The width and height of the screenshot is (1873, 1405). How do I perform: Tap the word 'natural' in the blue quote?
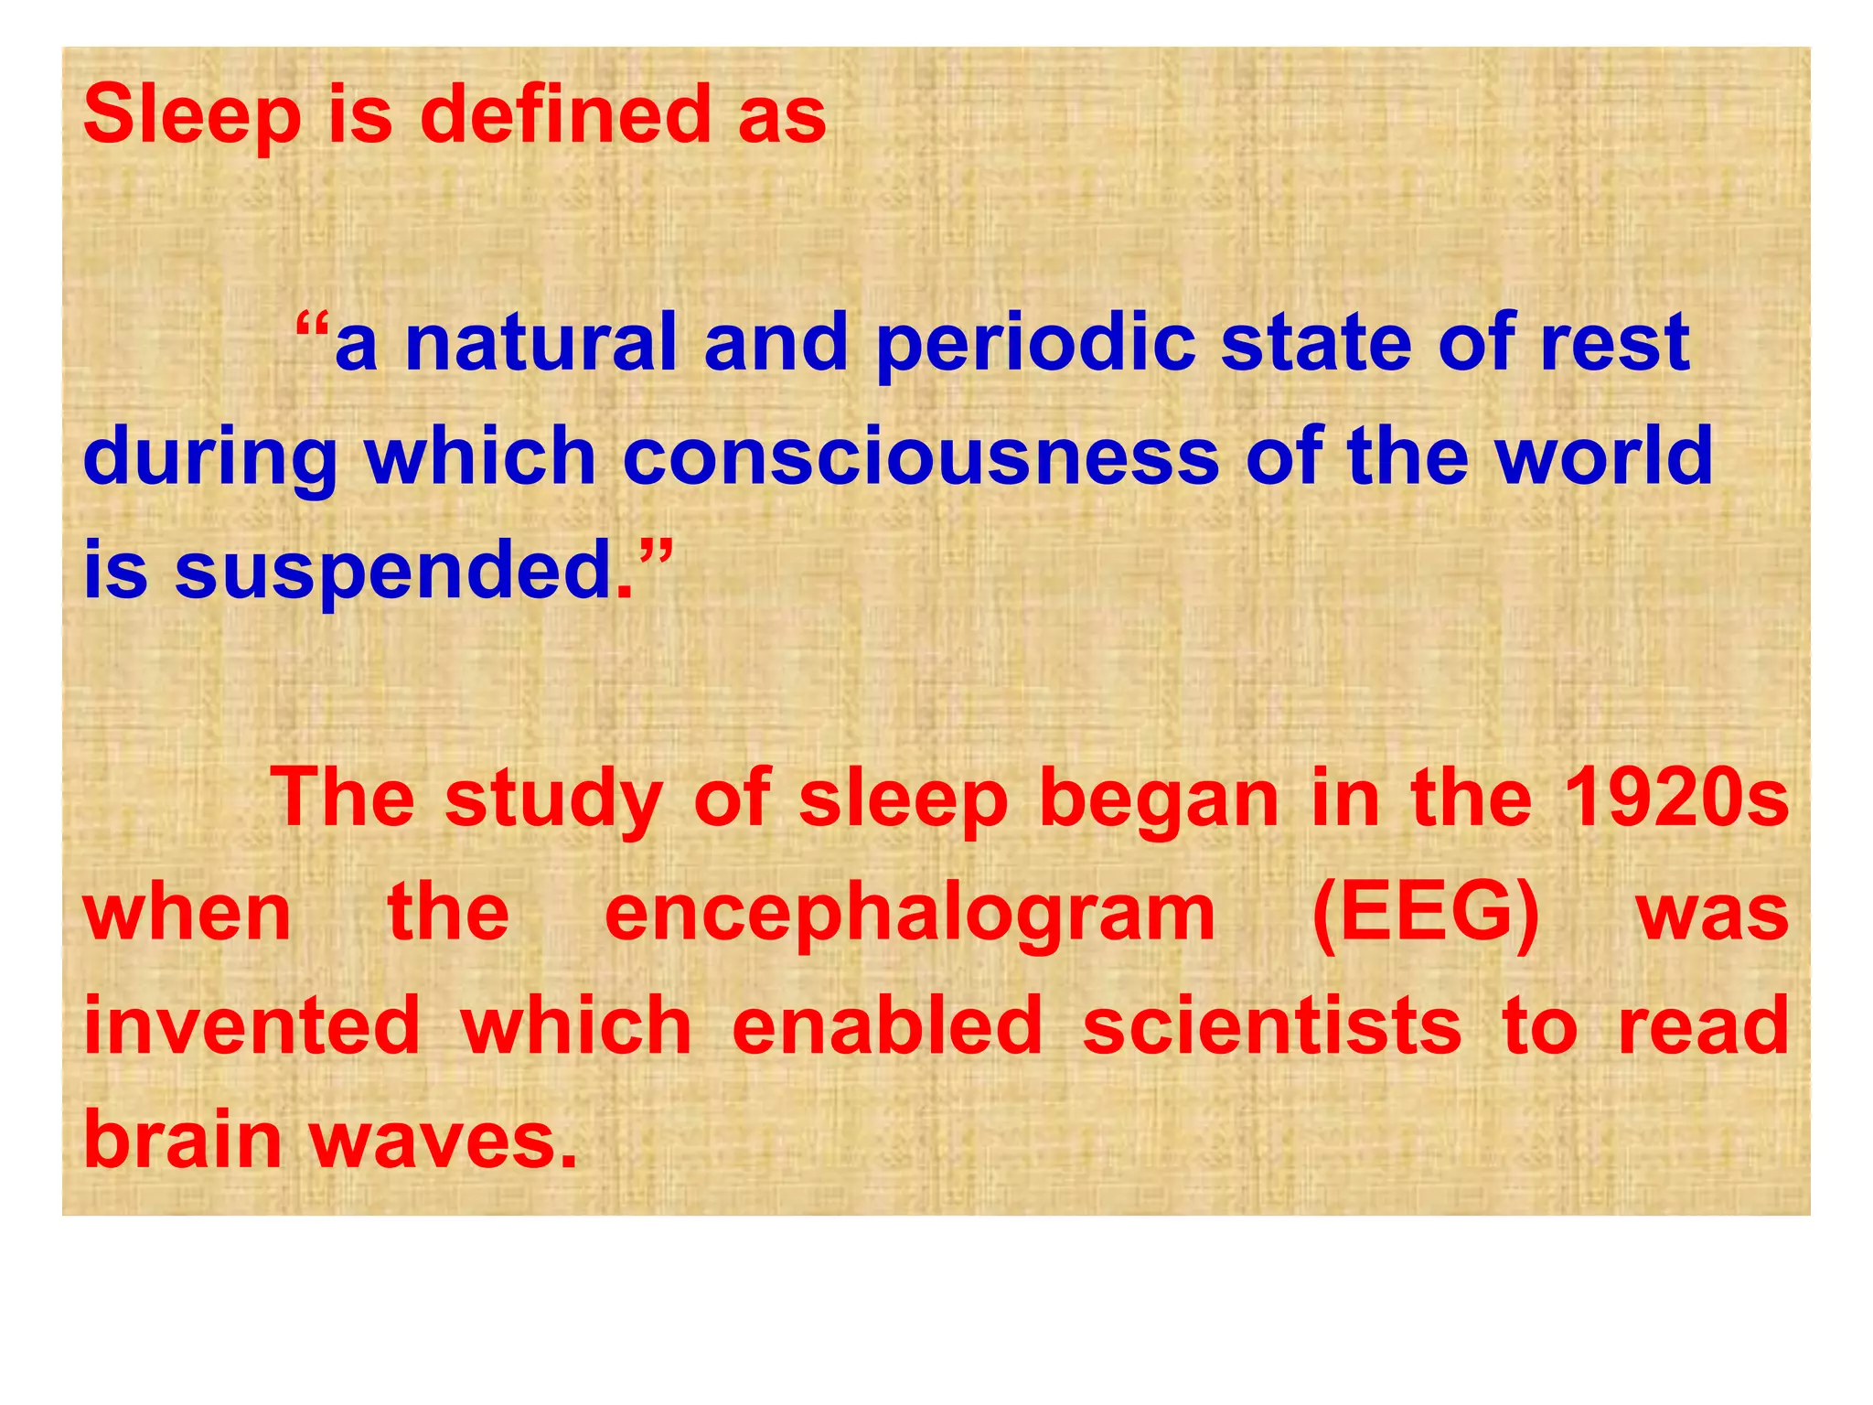coord(540,343)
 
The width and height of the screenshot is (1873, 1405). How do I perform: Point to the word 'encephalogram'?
coord(910,915)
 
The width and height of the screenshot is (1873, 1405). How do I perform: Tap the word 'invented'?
coord(252,1025)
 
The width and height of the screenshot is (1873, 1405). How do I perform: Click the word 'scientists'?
coord(1272,1025)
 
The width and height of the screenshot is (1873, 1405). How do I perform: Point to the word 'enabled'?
coord(887,1025)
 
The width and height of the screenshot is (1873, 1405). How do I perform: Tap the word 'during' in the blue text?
coord(210,458)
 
